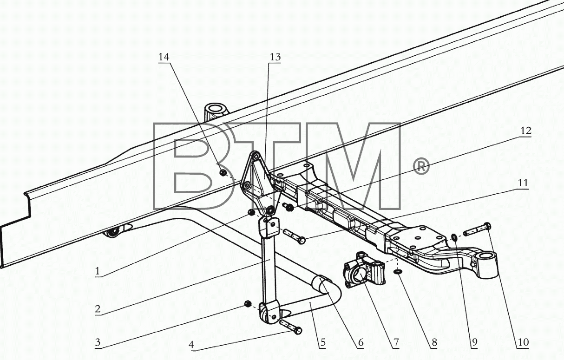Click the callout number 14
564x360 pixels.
tap(164, 57)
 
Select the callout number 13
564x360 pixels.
tap(275, 57)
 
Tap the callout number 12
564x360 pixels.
tap(526, 131)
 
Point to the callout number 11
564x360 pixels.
tap(523, 183)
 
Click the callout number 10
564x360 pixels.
tap(523, 342)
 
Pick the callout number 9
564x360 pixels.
tap(474, 342)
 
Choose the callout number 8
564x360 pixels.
tap(434, 342)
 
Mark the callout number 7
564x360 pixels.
tap(395, 342)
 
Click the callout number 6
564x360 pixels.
tap(361, 342)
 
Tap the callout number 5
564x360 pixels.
tap(323, 342)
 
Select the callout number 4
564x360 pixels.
tap(191, 344)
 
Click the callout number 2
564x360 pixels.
tap(98, 308)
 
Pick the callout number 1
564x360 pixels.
tap(97, 271)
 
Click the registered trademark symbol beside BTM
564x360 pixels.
tap(421, 166)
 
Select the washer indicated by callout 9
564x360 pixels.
tap(455, 237)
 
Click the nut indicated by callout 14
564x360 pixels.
tap(223, 173)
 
